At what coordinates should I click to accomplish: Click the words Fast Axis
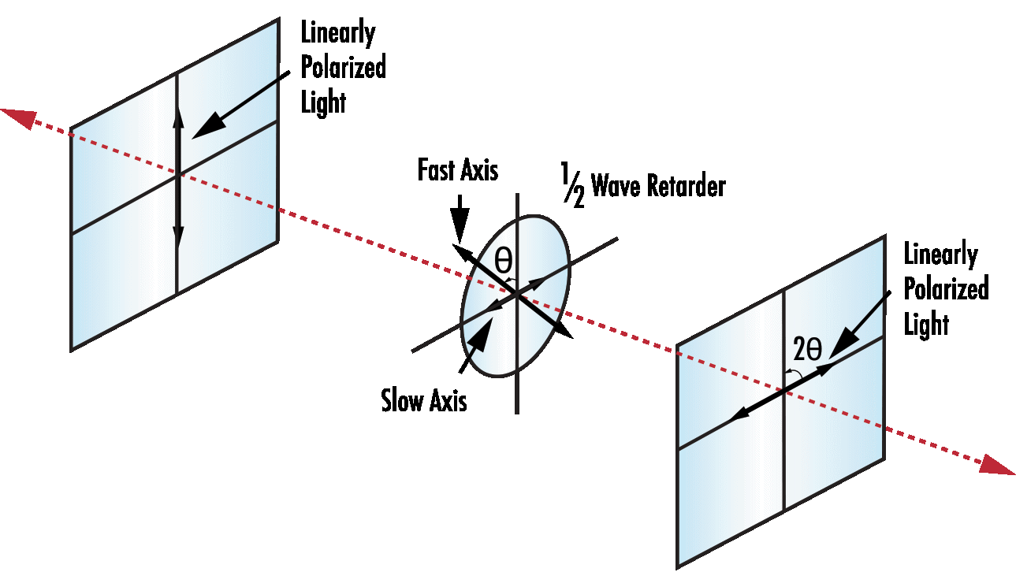457,171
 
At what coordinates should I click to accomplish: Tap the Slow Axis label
424,401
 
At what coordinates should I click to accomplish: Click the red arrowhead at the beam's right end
997,466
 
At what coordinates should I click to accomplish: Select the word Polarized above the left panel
344,68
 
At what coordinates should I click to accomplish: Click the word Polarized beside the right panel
946,289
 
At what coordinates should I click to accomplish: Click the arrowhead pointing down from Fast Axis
459,220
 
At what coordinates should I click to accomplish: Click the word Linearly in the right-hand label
940,255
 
